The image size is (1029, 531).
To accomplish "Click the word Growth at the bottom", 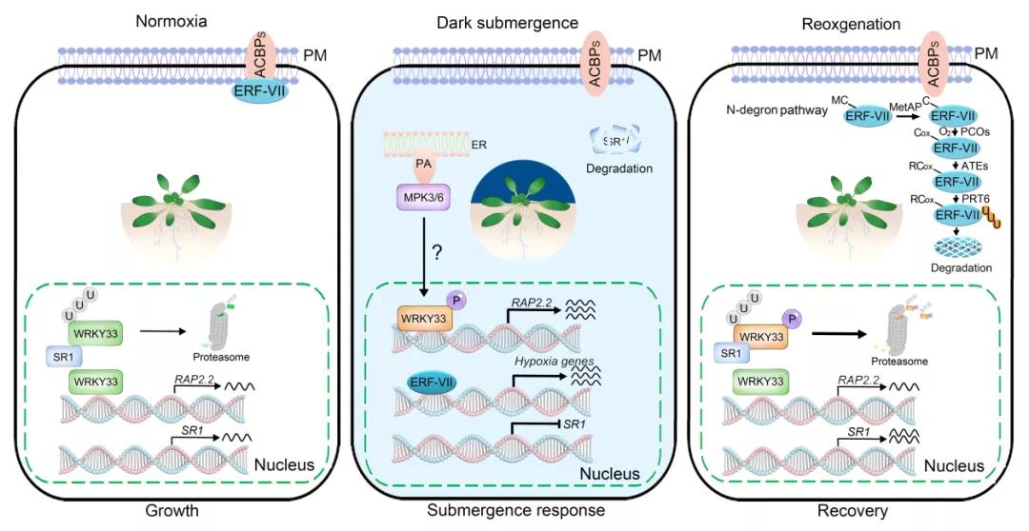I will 171,511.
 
